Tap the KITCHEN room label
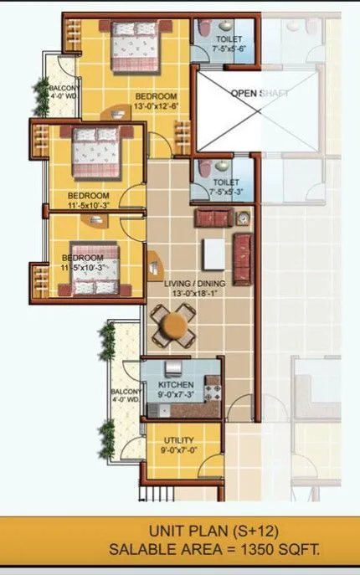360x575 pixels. pos(177,385)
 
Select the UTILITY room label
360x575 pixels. pos(179,440)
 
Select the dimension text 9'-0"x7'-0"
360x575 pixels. pos(179,451)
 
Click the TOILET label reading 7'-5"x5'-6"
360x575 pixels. pos(229,39)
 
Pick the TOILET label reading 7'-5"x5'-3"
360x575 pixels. pos(226,182)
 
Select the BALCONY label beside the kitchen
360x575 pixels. pos(126,392)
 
